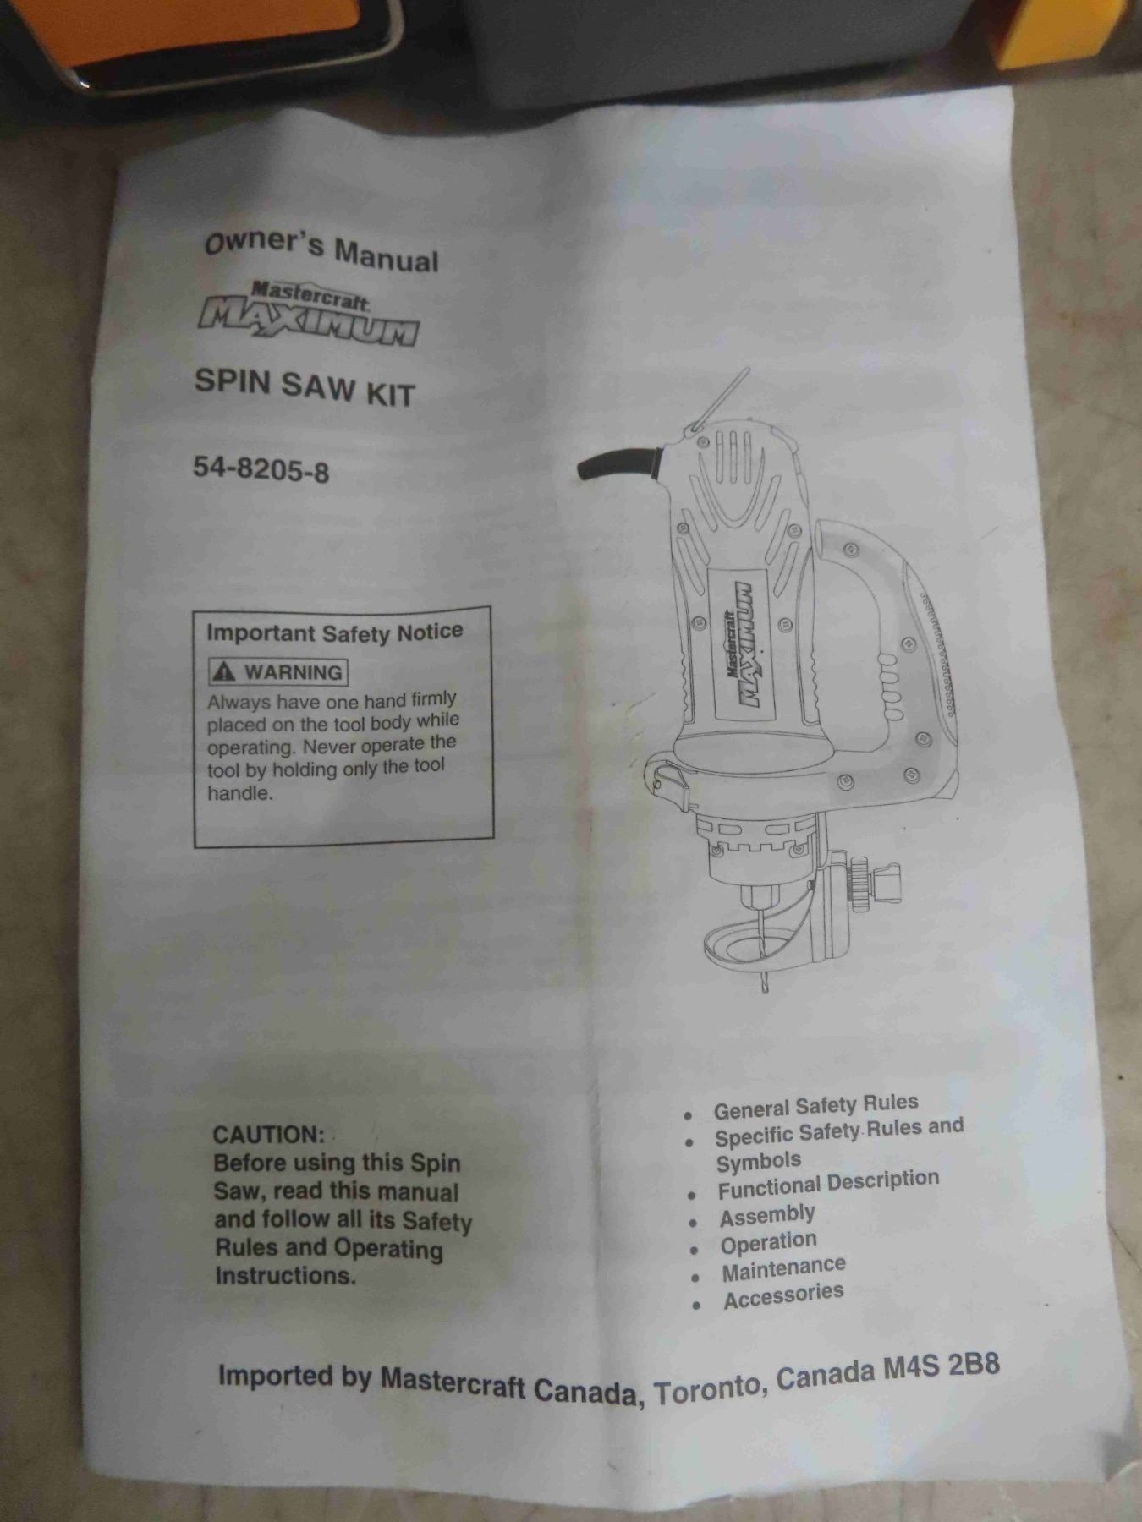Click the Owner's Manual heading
(321, 248)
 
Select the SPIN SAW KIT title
(305, 387)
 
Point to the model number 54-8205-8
(261, 468)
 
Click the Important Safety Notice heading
(335, 632)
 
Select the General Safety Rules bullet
(815, 1106)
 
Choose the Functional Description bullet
(828, 1185)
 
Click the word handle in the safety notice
(240, 793)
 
